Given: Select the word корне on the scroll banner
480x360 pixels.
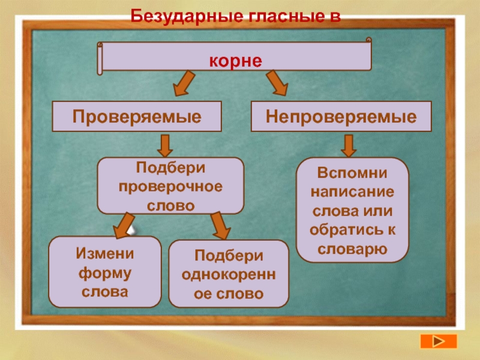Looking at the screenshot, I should (236, 61).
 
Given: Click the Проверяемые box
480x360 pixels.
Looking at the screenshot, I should (137, 116).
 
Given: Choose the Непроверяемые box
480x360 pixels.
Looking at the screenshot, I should (341, 116).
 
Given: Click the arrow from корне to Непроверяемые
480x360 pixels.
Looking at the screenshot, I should (277, 83).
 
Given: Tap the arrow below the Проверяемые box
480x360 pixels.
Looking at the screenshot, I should (166, 145).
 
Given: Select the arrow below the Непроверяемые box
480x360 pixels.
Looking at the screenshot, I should (349, 145).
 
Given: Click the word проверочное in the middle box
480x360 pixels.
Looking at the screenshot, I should (170, 186).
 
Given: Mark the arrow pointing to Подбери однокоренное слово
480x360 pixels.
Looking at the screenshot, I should (220, 227).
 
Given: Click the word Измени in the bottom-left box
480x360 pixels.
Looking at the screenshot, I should (104, 253).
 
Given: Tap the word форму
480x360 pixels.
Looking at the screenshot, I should (104, 272).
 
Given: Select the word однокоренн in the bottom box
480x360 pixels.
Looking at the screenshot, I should (229, 275).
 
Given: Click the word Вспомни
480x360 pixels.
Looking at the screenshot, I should (353, 173).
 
